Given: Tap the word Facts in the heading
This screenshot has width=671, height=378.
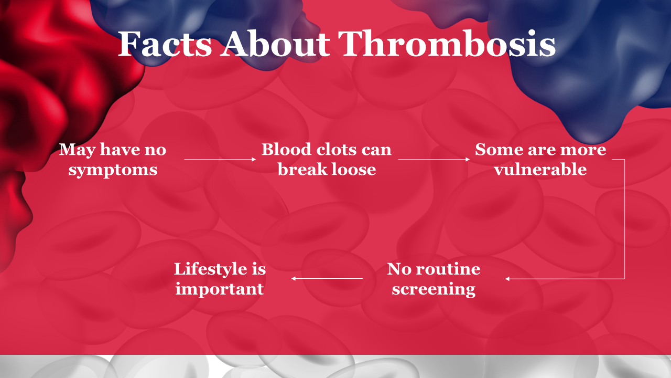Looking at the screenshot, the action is point(165,44).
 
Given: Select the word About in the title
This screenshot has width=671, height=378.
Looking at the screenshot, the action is point(275,44).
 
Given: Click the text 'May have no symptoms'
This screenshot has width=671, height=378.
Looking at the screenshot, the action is point(113,159).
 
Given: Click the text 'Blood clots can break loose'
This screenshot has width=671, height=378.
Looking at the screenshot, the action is point(327,159).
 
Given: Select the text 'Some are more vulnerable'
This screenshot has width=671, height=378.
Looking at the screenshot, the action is point(540,159).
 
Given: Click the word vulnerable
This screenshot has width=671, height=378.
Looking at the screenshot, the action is point(540,169).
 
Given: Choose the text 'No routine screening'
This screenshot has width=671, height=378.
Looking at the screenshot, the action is point(434,279).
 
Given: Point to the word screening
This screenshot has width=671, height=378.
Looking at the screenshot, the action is point(434,289).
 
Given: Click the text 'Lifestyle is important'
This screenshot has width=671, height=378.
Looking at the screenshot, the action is point(220,279).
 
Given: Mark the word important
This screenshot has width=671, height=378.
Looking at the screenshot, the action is point(220,289).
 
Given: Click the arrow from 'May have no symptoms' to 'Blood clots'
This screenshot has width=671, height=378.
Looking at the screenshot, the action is point(220,159).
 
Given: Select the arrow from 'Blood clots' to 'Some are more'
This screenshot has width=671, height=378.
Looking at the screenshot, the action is point(434,159).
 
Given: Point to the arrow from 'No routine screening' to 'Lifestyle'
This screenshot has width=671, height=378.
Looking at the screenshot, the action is point(327,279).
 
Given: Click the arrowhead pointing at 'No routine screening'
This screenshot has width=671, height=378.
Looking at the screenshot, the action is point(507,279).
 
